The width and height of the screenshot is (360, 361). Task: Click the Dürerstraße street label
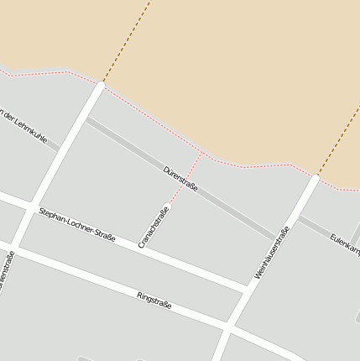click(180, 179)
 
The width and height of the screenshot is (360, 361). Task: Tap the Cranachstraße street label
click(154, 227)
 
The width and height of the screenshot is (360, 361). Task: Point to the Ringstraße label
click(154, 300)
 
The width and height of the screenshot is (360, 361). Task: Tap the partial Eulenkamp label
click(344, 244)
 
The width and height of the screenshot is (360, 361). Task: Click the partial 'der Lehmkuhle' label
click(23, 123)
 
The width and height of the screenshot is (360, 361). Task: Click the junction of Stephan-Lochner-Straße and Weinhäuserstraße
click(248, 289)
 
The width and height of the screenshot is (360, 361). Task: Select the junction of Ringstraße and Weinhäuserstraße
click(228, 324)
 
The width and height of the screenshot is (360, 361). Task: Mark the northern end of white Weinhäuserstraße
click(316, 177)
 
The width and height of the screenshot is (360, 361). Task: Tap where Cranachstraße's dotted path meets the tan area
click(203, 154)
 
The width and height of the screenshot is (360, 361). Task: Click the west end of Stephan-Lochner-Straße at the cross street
click(34, 206)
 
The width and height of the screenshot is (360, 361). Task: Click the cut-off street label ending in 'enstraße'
click(6, 272)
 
